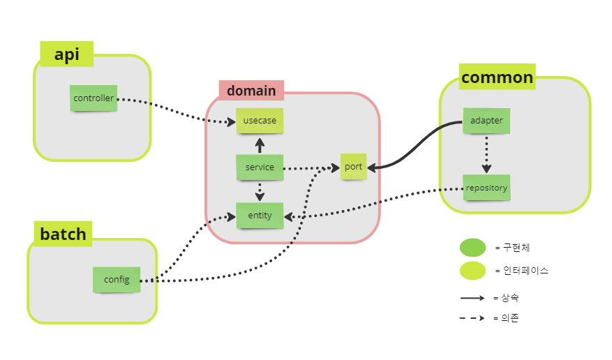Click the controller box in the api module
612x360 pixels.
coord(94,98)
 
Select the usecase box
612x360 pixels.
coord(260,121)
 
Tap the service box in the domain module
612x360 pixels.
coord(260,167)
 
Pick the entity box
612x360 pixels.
coord(260,216)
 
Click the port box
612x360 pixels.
coord(353,167)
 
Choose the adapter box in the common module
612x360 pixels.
coord(486,121)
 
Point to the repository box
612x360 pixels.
coord(486,188)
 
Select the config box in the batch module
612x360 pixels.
coord(117,280)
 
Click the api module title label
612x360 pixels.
coord(67,54)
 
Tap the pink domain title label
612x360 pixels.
coord(251,91)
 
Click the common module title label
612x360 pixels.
coord(498,77)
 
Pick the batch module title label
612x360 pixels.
coord(63,234)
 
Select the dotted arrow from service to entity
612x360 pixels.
coord(260,191)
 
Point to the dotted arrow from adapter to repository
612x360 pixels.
coord(486,154)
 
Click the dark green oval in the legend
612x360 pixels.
coord(472,248)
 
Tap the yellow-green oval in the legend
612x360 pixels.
coord(472,271)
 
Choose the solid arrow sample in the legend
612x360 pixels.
coord(472,298)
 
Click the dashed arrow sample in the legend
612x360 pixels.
coord(472,318)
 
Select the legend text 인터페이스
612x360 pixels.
coord(525,271)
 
